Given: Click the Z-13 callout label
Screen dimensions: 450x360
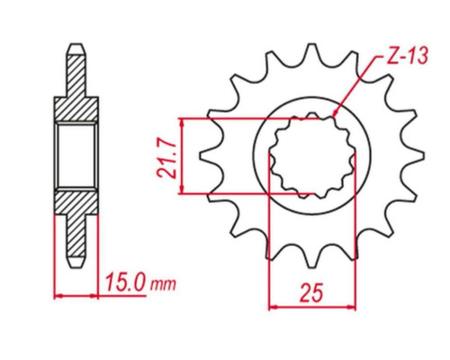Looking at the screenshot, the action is point(407,57).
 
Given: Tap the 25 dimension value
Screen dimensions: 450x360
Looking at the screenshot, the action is point(312,292).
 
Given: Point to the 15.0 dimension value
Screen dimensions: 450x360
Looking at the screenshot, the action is point(126,282).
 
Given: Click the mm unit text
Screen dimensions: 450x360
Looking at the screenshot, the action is point(163,284).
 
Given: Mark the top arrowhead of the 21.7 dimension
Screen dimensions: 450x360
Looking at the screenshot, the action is point(181,121).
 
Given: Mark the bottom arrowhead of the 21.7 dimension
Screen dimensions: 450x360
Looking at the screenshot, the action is point(181,190).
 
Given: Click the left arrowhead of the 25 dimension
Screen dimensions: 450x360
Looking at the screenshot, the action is point(274,307).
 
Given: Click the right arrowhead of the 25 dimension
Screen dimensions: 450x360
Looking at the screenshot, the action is point(351,307).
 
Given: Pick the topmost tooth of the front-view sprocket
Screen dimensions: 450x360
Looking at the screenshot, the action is point(311,52).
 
